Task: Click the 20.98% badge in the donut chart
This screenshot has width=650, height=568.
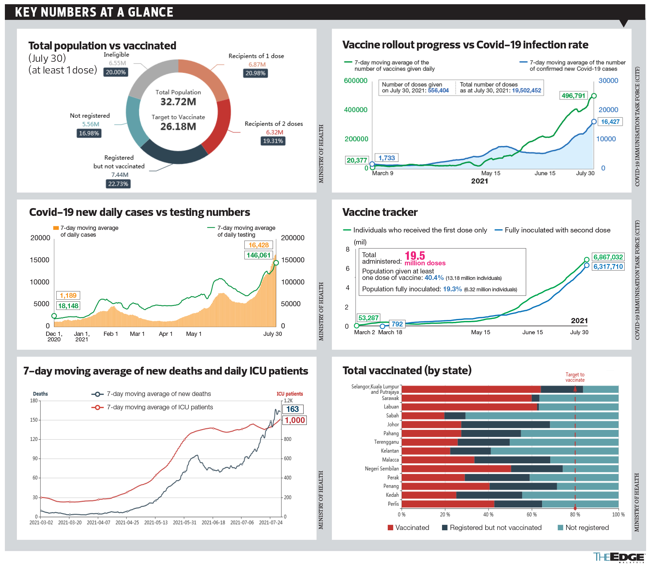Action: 255,73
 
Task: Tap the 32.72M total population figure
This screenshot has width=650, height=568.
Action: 178,102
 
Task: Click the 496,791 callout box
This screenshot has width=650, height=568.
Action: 574,96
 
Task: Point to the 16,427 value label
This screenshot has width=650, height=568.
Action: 610,122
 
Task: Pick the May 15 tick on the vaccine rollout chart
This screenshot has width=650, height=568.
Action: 490,173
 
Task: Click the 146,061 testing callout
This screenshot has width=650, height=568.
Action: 258,255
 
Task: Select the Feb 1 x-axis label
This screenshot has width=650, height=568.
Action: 110,334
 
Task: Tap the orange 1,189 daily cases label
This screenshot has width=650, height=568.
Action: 68,295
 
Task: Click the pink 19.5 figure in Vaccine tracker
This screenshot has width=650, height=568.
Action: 415,256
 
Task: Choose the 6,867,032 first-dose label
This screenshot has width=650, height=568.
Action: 608,257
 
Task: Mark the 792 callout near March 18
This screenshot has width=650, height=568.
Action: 397,324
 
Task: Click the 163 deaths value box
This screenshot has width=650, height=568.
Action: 292,409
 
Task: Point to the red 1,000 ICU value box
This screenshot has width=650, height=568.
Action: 295,420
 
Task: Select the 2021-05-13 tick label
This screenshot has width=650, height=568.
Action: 156,522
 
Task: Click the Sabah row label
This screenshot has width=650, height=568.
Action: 392,416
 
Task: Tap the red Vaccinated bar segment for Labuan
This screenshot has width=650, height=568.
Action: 469,407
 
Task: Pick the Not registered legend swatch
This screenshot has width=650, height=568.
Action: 560,527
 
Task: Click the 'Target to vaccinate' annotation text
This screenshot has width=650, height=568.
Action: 575,377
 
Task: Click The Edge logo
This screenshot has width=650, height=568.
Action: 618,557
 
